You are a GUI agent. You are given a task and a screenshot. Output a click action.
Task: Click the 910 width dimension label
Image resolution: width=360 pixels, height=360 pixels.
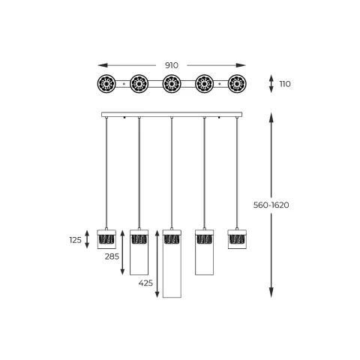(x=171, y=65)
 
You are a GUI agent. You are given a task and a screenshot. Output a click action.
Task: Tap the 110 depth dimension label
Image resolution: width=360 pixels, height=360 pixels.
(x=285, y=84)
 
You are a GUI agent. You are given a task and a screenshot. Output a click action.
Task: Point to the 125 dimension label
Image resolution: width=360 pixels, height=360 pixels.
(x=75, y=240)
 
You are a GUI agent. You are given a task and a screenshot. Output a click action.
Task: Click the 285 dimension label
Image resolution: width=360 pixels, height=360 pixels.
(x=112, y=256)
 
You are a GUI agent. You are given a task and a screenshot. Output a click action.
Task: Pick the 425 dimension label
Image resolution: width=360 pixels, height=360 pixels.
(x=145, y=283)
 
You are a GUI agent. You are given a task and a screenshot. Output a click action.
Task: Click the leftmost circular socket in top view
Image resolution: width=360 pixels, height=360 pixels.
(x=106, y=83)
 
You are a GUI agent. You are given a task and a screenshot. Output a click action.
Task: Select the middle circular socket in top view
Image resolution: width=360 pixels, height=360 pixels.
(x=172, y=83)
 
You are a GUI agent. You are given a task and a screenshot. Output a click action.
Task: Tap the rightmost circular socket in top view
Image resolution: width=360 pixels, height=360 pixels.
(x=237, y=83)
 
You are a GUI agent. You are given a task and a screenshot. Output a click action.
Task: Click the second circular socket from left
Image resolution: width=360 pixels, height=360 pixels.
(x=139, y=83)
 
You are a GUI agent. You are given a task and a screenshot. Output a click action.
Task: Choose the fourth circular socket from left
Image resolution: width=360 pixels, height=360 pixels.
(x=205, y=83)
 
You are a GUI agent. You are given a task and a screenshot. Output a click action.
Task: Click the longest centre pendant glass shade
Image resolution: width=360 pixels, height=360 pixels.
(x=172, y=263)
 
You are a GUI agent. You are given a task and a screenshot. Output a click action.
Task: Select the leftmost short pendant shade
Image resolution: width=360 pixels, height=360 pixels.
(x=106, y=238)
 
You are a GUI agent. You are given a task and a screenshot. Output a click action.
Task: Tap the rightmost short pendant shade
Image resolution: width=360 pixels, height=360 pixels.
(x=237, y=238)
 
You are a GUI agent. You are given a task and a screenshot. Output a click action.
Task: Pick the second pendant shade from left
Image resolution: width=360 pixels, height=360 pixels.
(x=139, y=252)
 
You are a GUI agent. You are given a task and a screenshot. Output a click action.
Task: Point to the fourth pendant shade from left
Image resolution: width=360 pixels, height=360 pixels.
(x=205, y=252)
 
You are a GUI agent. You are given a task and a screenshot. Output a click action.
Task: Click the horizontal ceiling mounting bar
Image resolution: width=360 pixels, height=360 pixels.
(x=172, y=115)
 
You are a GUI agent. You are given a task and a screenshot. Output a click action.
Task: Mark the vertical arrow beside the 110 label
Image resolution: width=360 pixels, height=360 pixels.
(x=271, y=84)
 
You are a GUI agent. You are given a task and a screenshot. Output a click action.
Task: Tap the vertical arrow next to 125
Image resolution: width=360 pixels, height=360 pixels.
(x=87, y=240)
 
